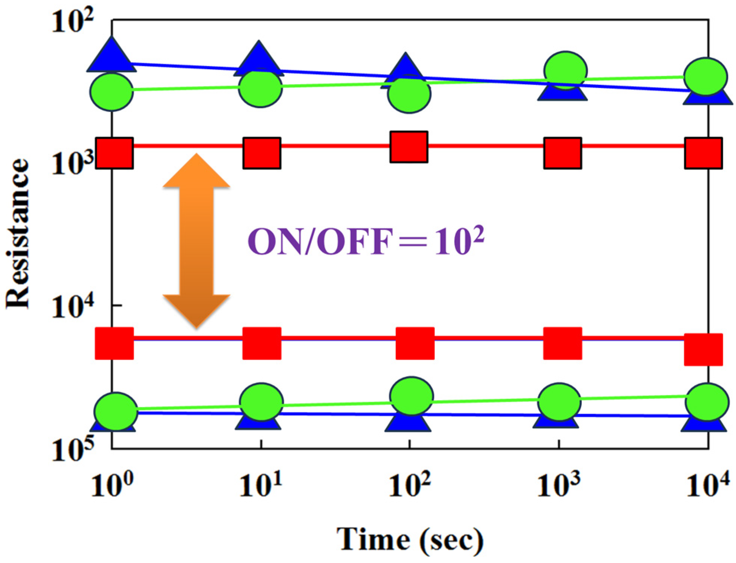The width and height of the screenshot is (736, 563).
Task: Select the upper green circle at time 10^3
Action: [x=565, y=70]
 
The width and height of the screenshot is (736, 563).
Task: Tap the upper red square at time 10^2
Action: [x=409, y=147]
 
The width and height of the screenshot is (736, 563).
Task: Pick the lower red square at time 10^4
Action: [x=703, y=349]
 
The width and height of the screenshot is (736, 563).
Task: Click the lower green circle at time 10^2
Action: [x=412, y=396]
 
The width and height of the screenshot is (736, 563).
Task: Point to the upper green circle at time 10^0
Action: [x=111, y=92]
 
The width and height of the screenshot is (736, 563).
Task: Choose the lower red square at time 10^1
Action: [x=261, y=343]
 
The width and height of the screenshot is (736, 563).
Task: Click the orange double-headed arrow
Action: [x=196, y=241]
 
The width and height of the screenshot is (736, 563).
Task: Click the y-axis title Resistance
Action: [x=18, y=233]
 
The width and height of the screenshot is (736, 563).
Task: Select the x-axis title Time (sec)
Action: [x=410, y=539]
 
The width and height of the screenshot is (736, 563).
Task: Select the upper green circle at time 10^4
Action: [x=706, y=77]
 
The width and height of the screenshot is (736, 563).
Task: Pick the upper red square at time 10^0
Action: [x=114, y=153]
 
